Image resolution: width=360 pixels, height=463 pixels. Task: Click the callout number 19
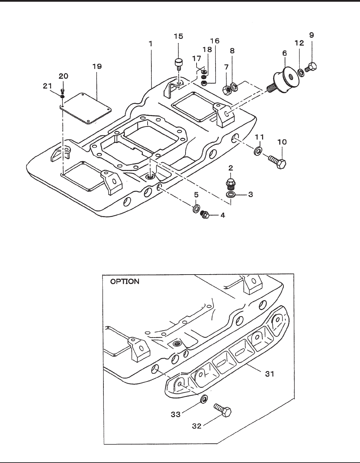point(97,66)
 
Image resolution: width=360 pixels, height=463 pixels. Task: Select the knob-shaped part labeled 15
point(179,64)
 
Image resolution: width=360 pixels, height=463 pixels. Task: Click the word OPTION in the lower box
point(125,281)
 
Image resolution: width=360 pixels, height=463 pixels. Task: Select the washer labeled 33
point(204,399)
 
